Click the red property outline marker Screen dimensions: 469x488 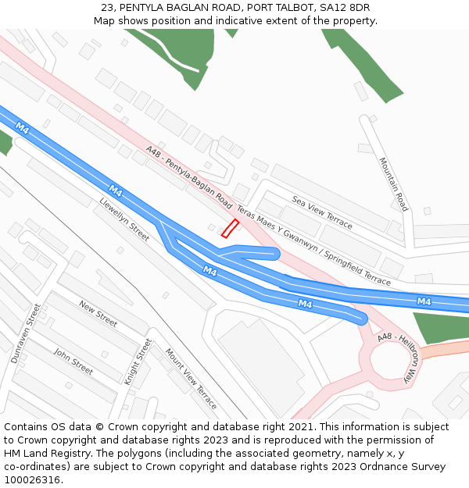pyautogui.click(x=230, y=228)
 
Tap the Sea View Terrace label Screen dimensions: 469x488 pyautogui.click(x=322, y=212)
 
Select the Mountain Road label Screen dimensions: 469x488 pyautogui.click(x=393, y=184)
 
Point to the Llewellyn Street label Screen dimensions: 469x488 pyautogui.click(x=124, y=219)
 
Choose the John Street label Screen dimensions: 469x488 pyautogui.click(x=73, y=362)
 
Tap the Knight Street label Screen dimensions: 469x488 pyautogui.click(x=138, y=361)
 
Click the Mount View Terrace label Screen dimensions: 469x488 pyautogui.click(x=191, y=383)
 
